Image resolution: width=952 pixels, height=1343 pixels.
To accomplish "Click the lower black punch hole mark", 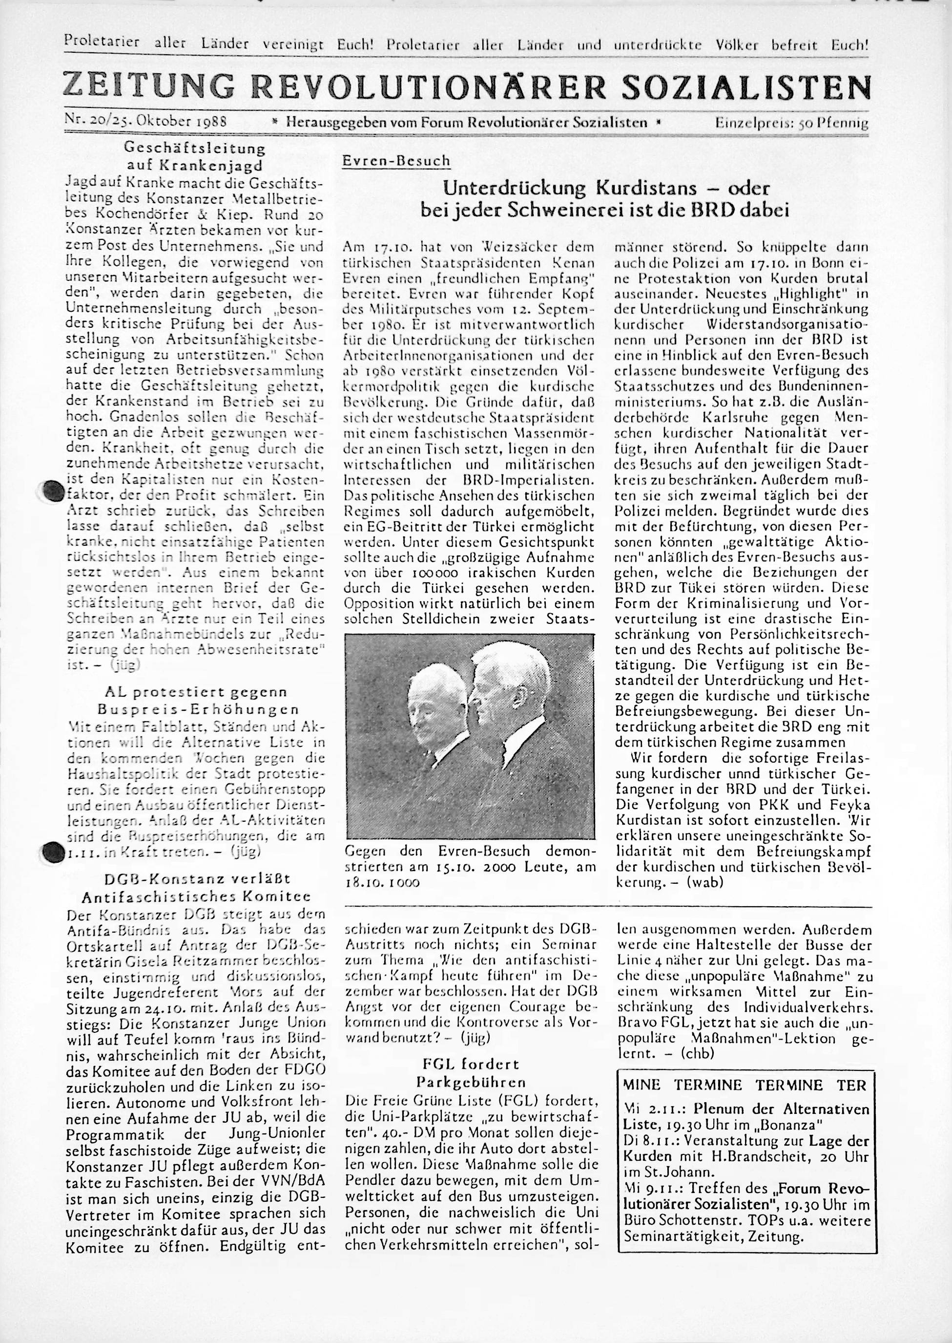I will tap(53, 851).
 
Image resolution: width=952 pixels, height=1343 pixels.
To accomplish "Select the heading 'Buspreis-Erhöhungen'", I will tap(198, 710).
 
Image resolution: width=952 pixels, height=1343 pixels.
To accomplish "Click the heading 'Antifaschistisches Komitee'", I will tap(196, 896).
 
